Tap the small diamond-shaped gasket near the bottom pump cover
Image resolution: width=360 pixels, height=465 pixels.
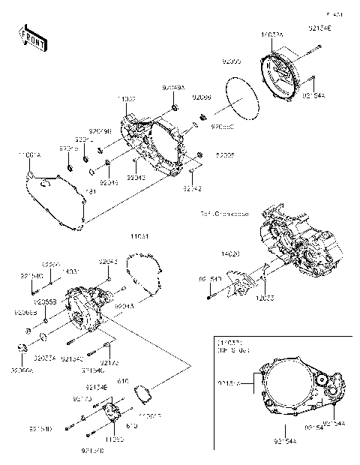pyautogui.click(x=139, y=391)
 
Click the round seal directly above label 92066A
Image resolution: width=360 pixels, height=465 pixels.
pyautogui.click(x=22, y=346)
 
